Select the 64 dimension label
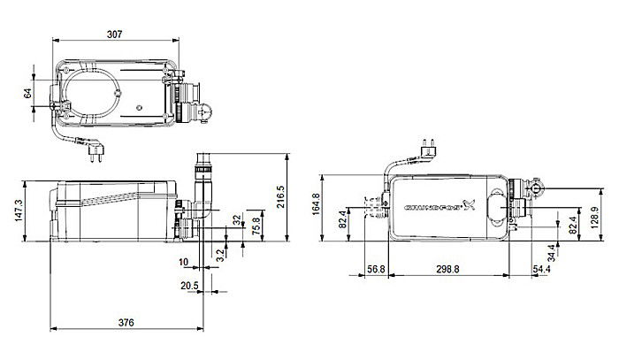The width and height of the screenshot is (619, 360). click(27, 92)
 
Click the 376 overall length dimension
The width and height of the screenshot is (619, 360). click(126, 323)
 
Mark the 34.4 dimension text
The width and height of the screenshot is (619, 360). click(552, 251)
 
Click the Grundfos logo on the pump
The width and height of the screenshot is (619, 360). click(439, 210)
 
